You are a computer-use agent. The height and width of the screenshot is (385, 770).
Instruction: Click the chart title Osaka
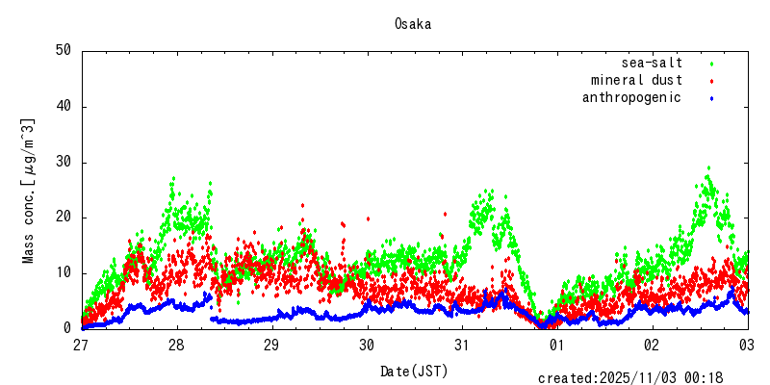click(413, 24)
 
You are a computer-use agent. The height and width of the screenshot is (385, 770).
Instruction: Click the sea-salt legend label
click(652, 63)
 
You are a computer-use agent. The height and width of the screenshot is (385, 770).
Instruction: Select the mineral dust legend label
click(636, 80)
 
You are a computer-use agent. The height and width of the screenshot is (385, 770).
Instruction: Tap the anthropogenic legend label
click(631, 97)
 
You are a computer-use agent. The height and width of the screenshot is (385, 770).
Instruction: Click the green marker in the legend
click(712, 64)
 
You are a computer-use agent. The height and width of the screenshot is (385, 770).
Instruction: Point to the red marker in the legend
click(712, 81)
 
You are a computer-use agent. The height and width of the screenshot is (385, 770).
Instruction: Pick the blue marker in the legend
click(712, 98)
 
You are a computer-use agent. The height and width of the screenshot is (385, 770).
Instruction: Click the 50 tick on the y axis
click(64, 51)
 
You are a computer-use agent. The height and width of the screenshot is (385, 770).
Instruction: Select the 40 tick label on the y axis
click(64, 107)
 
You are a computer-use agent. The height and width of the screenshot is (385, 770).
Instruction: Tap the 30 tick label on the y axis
click(64, 162)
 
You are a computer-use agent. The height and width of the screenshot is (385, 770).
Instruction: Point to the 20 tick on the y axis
click(64, 218)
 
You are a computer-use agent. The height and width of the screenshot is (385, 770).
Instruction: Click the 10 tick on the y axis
click(64, 272)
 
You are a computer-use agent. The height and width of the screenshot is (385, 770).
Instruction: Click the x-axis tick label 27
click(82, 345)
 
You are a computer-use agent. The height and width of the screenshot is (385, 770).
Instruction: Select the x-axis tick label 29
click(272, 345)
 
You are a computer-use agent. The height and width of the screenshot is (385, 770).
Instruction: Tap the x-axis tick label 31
click(463, 345)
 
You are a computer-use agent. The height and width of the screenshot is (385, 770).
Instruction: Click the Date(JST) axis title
click(414, 370)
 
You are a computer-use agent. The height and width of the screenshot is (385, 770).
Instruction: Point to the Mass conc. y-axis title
click(29, 191)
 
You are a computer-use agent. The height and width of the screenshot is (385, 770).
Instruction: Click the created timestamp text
click(643, 377)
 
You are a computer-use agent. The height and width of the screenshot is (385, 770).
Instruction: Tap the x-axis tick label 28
click(177, 345)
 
